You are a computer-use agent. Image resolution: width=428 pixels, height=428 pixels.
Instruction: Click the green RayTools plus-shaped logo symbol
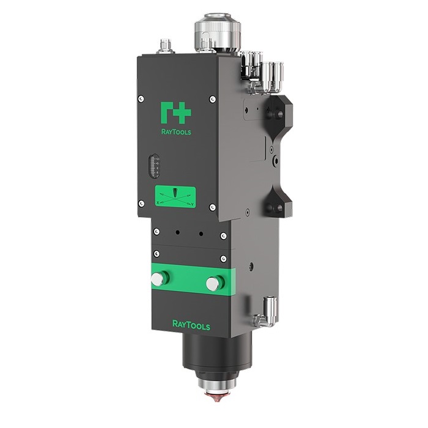(176, 112)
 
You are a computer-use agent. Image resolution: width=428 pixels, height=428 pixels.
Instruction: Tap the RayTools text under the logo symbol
(176, 132)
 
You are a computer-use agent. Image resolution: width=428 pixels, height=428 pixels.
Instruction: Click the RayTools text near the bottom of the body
(191, 325)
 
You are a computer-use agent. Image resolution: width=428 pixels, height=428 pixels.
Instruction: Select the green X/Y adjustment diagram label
(175, 197)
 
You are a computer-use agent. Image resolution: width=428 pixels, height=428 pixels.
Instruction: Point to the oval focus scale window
(154, 166)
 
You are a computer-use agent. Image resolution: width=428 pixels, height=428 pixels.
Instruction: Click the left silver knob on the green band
(158, 278)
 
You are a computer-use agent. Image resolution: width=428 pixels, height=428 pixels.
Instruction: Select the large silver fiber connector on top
(218, 32)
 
